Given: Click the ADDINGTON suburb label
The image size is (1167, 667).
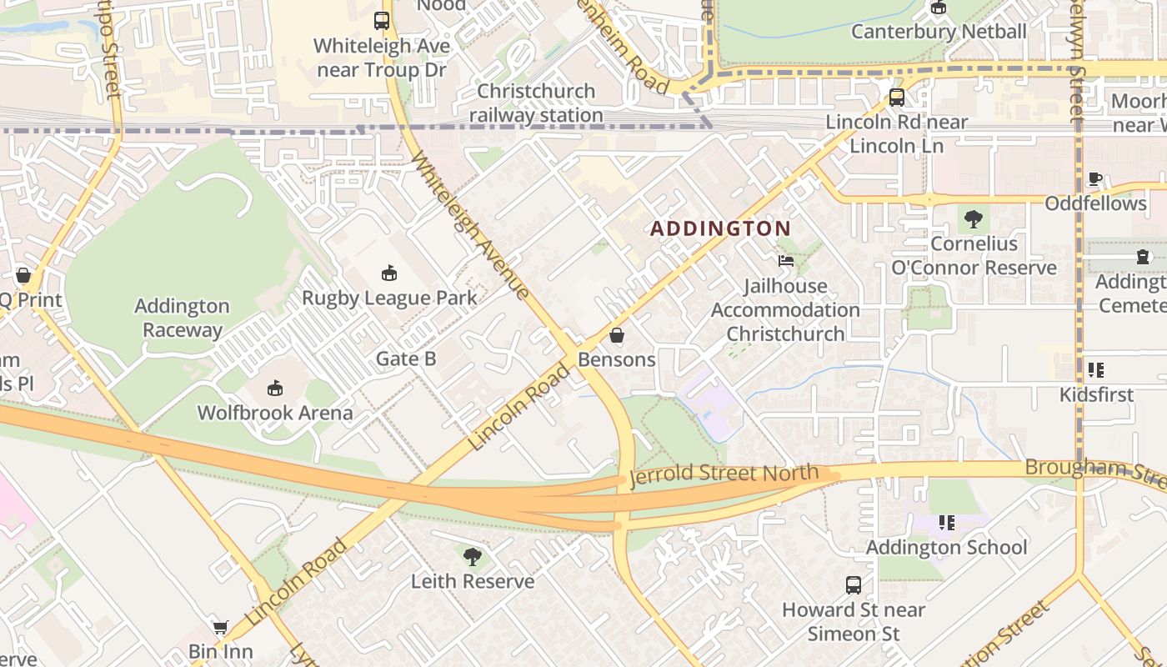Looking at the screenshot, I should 720,228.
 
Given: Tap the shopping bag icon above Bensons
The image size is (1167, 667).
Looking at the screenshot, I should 617,335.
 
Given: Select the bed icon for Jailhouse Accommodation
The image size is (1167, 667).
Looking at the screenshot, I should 786,261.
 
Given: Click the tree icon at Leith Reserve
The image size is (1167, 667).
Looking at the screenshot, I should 472,556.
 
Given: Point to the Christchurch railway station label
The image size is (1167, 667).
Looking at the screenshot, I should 536,103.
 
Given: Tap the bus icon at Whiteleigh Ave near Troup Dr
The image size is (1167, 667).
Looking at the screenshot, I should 382,21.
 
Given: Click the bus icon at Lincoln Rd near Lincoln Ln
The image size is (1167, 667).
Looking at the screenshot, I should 896,98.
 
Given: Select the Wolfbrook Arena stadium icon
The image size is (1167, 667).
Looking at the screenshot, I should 275,388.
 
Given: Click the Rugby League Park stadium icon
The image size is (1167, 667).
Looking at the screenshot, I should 388,273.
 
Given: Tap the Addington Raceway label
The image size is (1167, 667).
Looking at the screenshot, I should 182,318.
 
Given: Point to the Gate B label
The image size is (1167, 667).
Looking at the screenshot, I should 406,359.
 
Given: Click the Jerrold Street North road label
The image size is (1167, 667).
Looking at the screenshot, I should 724,474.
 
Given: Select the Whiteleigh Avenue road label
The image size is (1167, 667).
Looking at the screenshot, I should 469,225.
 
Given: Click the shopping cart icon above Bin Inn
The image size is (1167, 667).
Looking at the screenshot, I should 220,627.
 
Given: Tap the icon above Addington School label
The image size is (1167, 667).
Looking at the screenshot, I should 946,523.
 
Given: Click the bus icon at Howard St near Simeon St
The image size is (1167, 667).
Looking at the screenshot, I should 853,585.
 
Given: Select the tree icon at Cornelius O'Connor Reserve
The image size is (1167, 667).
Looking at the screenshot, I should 973,219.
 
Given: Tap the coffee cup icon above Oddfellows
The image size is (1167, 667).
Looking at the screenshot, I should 1095,179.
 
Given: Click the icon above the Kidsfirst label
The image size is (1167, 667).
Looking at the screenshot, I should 1096,369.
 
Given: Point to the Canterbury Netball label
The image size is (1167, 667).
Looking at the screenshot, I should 938,32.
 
